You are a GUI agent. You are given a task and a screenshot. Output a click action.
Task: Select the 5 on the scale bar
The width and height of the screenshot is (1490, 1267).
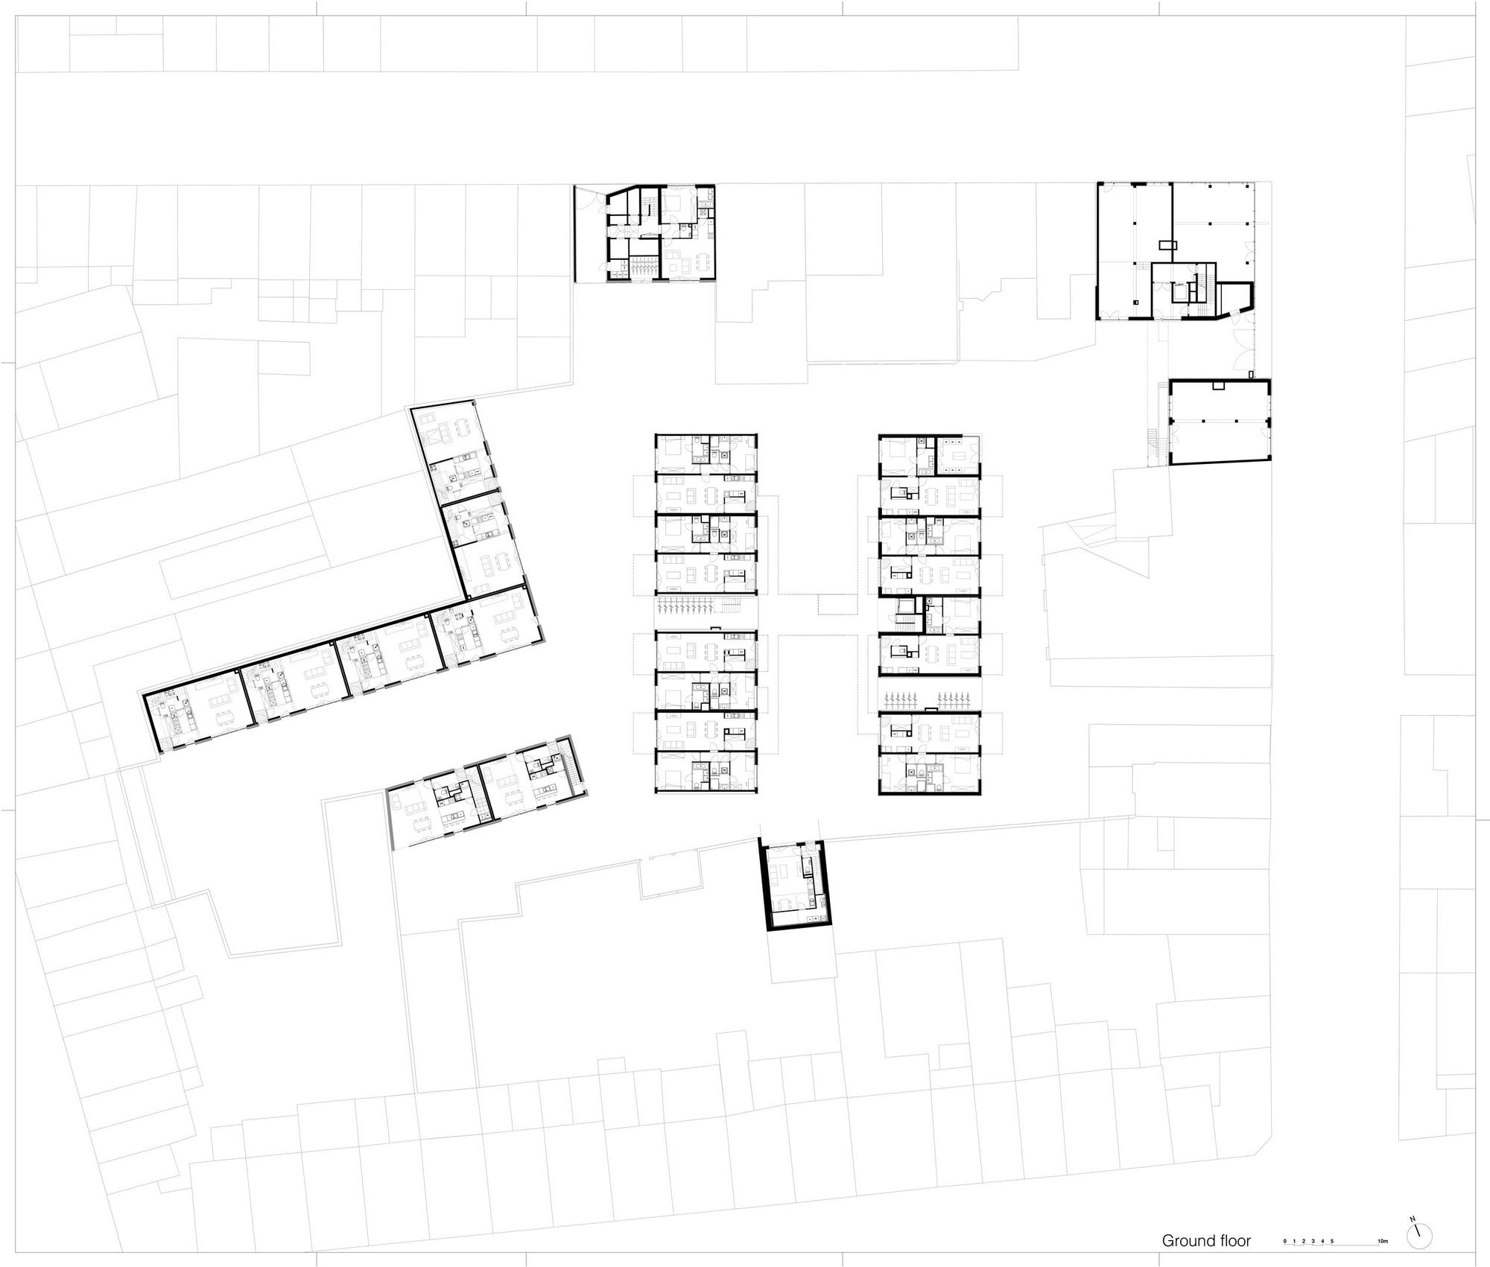tap(1333, 1242)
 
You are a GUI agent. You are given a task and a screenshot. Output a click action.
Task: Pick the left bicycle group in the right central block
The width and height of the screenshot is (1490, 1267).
tap(900, 700)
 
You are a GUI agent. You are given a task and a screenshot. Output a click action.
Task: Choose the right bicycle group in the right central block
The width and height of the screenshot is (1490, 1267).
tap(955, 700)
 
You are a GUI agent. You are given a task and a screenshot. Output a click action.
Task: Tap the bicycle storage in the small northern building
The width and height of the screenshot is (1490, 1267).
tap(641, 267)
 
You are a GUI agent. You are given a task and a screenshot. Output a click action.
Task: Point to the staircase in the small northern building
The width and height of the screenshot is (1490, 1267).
tap(647, 204)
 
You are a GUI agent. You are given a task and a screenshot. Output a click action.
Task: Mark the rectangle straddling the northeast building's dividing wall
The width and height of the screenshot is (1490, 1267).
tap(1168, 244)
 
